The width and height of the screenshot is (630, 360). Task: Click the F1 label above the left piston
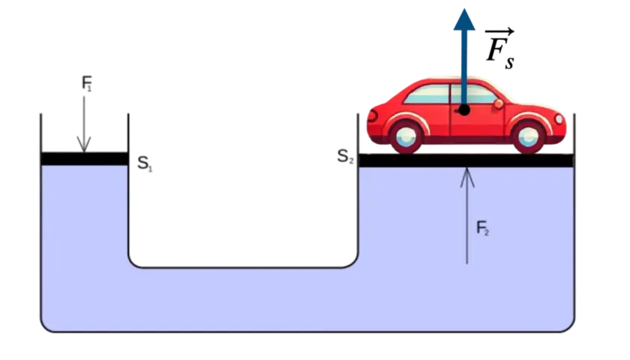[87, 83]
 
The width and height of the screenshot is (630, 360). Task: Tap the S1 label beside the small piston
[145, 163]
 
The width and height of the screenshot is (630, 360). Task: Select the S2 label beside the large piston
[345, 156]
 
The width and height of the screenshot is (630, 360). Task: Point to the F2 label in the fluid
[482, 228]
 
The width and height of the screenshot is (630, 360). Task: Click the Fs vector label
[499, 49]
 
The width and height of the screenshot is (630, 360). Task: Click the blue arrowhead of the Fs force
[464, 19]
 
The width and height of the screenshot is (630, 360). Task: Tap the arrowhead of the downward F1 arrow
[84, 145]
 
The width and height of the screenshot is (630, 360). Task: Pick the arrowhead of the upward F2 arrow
[466, 177]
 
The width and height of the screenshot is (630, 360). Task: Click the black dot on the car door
[464, 109]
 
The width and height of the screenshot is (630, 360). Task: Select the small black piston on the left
[84, 159]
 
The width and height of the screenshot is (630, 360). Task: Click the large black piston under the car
[466, 160]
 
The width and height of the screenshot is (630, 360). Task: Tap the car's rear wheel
[406, 137]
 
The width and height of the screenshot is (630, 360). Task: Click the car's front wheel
[528, 136]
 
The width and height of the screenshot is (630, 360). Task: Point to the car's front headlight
[559, 119]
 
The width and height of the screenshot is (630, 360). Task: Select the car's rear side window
[427, 94]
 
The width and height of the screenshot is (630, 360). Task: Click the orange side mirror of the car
[499, 104]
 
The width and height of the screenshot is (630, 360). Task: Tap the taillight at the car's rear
[372, 116]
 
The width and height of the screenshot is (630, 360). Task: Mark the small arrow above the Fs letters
[499, 31]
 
